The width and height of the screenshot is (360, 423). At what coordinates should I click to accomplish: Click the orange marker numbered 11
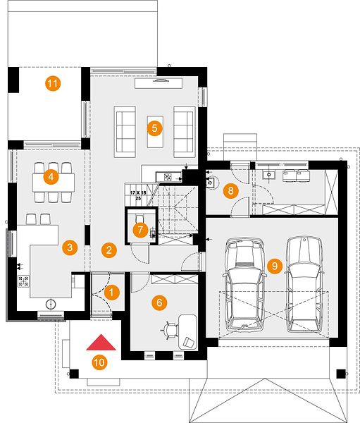[53, 83]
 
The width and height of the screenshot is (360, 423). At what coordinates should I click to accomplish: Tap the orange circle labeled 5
[154, 128]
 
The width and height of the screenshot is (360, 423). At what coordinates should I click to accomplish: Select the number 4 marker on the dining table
[51, 177]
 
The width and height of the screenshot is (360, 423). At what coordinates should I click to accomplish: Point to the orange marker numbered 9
[275, 266]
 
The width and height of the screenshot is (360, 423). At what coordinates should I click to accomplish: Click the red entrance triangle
[101, 343]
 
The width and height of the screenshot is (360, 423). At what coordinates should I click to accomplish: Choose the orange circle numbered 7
[140, 230]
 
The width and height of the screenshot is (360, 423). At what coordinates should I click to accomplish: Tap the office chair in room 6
[170, 330]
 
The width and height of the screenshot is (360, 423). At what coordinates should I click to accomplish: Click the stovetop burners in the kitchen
[23, 281]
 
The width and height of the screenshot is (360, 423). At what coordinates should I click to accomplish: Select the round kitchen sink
[51, 305]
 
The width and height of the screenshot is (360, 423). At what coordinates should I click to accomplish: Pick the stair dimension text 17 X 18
[138, 193]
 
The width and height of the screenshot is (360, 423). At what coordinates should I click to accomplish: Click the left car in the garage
[244, 285]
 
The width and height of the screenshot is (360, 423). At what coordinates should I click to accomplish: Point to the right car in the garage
[304, 285]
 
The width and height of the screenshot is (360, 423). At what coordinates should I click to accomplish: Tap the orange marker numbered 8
[231, 191]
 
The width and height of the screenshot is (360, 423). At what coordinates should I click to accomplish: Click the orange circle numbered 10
[100, 362]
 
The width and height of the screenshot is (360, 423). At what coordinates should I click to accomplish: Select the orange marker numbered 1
[111, 293]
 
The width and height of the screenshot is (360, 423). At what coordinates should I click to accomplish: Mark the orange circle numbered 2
[109, 250]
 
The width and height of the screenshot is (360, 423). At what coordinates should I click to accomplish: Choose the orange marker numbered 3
[70, 247]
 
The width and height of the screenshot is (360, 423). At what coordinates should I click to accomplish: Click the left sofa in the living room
[125, 132]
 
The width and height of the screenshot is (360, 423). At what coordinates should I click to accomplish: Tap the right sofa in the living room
[185, 132]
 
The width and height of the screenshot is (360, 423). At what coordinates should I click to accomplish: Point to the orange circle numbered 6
[159, 302]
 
